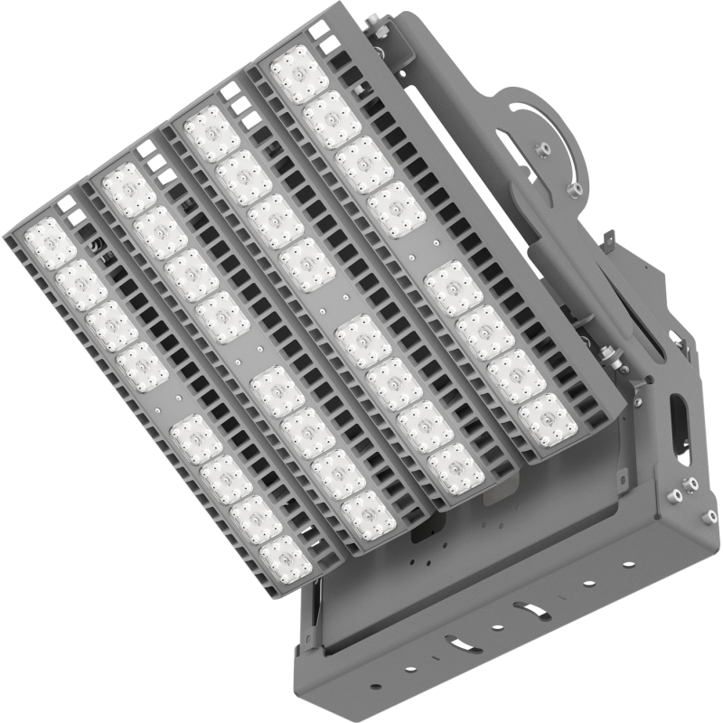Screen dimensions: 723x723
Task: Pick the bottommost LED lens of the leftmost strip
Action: pos(286,557)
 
